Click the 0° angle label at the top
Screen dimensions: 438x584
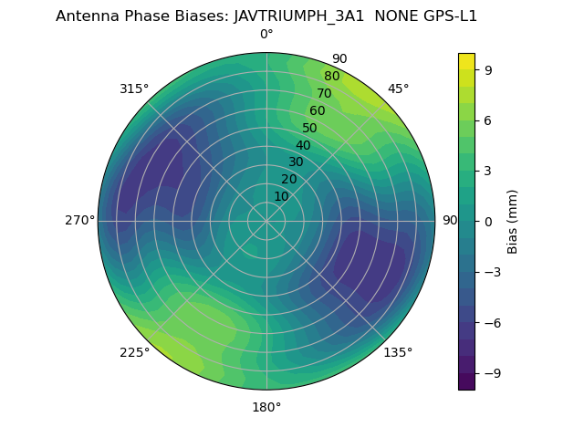266,35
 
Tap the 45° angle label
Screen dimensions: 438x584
398,89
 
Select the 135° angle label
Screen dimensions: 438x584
398,352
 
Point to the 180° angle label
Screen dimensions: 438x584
266,407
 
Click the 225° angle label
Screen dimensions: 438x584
134,353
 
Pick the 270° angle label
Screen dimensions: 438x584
79,221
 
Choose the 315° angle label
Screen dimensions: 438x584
134,89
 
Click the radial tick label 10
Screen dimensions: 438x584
281,196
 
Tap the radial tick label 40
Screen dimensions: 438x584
303,145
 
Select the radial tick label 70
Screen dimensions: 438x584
324,93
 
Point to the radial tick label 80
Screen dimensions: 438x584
331,77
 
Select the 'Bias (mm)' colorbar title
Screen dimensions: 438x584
513,221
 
